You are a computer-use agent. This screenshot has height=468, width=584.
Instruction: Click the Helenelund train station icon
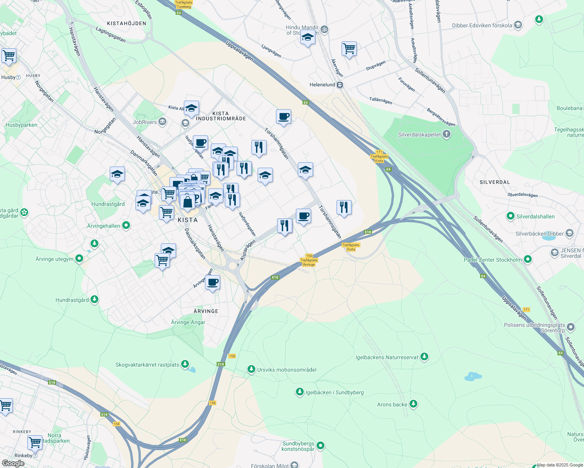340,85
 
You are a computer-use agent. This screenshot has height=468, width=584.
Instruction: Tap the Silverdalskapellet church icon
447,135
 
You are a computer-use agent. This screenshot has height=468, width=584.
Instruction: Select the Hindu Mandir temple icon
324,29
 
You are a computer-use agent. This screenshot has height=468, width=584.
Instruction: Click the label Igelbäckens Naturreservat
386,357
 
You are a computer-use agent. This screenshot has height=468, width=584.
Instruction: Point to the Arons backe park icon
413,404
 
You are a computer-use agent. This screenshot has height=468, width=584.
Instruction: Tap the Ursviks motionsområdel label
287,370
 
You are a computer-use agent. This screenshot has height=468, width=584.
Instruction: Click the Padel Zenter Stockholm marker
528,259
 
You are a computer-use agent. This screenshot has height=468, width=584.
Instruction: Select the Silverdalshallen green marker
510,216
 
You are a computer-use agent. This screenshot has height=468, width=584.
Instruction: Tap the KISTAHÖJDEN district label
126,23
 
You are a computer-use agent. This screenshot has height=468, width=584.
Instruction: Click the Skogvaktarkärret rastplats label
147,365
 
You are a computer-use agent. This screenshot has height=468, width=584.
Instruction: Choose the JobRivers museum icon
162,122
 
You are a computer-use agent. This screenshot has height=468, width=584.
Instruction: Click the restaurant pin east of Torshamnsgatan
344,207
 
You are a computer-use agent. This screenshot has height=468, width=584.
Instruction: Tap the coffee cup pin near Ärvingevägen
212,282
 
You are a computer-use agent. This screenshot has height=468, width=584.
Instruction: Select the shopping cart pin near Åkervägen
349,49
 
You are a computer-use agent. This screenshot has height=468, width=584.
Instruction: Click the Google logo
13,463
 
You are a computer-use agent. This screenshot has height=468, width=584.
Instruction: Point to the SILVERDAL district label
495,182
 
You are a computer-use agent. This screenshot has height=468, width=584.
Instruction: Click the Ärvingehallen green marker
126,225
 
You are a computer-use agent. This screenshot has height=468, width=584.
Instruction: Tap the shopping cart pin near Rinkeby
35,443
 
